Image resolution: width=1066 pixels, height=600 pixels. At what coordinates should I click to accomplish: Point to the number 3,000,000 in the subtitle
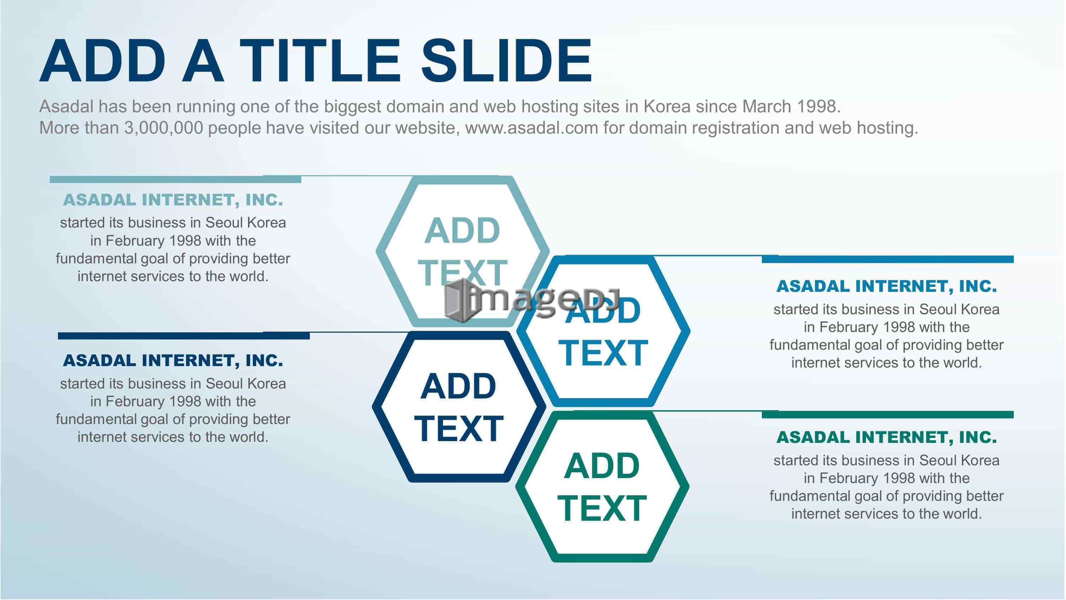tap(163, 128)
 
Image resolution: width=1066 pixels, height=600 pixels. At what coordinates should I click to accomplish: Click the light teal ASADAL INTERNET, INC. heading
tap(173, 200)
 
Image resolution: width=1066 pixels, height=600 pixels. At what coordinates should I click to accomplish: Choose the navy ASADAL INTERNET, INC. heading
tap(173, 361)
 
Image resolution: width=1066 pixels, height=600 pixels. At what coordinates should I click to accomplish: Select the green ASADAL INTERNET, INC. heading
tap(887, 437)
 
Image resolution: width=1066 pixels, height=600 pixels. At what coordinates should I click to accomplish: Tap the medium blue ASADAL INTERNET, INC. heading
tap(887, 286)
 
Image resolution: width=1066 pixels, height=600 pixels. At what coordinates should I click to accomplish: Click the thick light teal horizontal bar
tap(176, 179)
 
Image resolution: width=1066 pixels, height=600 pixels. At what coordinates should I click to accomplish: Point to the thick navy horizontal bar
tap(184, 336)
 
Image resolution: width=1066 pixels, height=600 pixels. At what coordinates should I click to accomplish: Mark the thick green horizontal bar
tap(888, 414)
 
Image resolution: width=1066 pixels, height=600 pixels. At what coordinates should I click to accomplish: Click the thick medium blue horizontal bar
tap(888, 259)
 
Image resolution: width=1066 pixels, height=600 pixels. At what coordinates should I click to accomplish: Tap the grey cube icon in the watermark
tap(460, 300)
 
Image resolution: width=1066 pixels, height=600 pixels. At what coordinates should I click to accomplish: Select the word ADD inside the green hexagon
tap(602, 466)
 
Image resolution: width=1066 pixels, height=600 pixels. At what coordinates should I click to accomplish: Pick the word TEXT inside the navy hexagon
tap(458, 429)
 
